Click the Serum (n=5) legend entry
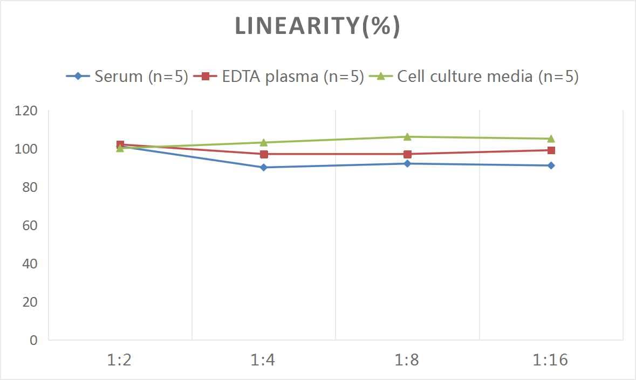(127, 77)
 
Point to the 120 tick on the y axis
(26, 111)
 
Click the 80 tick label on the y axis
(30, 187)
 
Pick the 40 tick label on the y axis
(30, 264)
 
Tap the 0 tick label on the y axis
(34, 340)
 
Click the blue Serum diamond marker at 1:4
(264, 167)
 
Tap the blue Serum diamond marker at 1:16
(551, 165)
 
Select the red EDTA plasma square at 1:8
(407, 154)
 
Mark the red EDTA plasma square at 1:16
(551, 150)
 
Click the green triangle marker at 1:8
(407, 137)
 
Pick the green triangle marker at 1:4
(264, 142)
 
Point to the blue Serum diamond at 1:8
(407, 163)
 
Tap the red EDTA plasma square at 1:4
(264, 154)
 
